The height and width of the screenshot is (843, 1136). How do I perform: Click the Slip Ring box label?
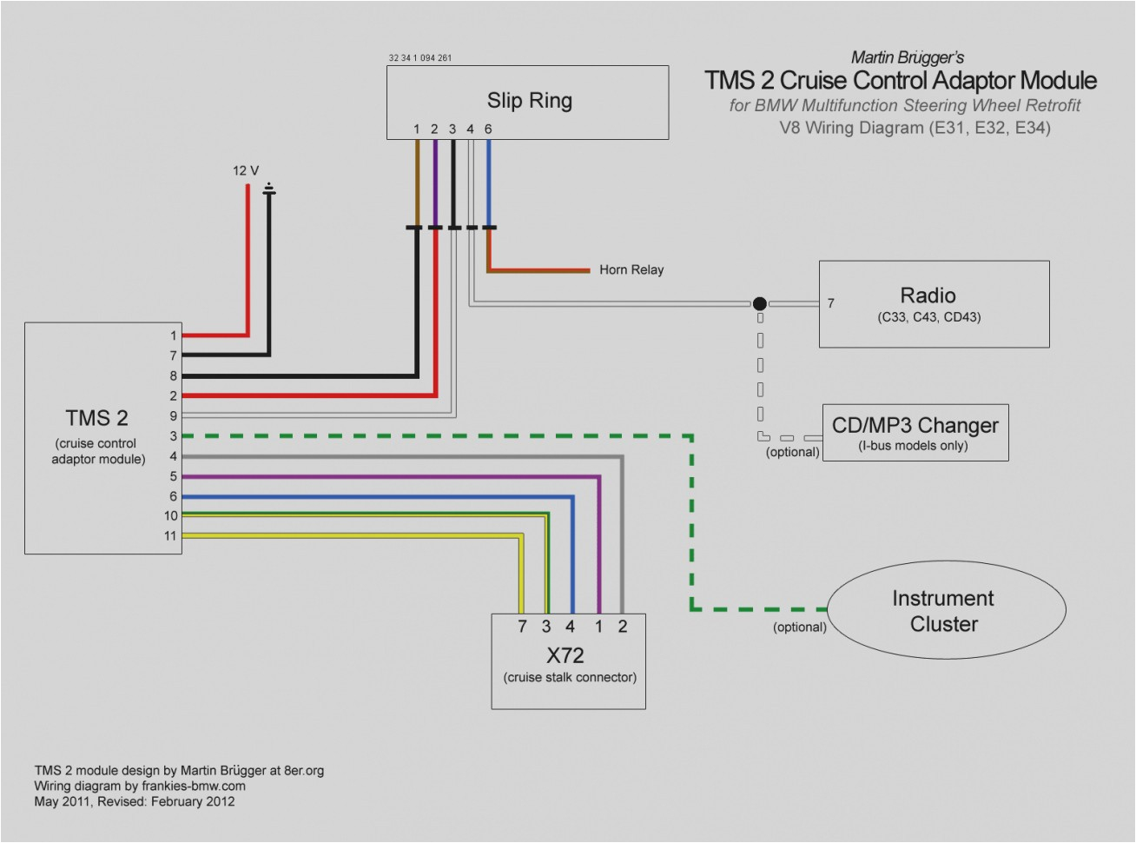[529, 100]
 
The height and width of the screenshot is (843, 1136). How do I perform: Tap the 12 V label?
[245, 170]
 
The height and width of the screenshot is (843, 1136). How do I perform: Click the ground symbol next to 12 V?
[269, 189]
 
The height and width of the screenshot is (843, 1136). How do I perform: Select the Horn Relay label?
[631, 269]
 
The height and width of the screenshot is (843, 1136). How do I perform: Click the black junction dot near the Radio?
[759, 303]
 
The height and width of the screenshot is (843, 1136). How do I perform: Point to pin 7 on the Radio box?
[830, 303]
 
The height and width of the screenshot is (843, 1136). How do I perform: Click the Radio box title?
[928, 295]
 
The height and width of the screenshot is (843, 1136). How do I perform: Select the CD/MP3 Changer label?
[915, 425]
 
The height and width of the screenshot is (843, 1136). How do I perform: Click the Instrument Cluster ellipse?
[945, 610]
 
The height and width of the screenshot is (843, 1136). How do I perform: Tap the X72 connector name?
[565, 655]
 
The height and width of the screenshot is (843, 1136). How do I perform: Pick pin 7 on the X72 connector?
[522, 627]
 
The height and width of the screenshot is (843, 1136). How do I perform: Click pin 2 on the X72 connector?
[622, 627]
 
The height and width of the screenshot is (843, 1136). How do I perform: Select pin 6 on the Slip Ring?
[488, 129]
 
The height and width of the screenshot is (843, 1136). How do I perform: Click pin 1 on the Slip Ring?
[417, 129]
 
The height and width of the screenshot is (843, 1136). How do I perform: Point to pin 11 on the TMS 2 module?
[170, 535]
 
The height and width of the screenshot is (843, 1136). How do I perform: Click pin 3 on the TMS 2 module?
[173, 436]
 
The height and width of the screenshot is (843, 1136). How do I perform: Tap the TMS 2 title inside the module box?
[96, 418]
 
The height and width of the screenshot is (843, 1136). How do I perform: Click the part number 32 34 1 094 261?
[420, 58]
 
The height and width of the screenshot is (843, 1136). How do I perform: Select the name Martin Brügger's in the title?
[907, 57]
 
